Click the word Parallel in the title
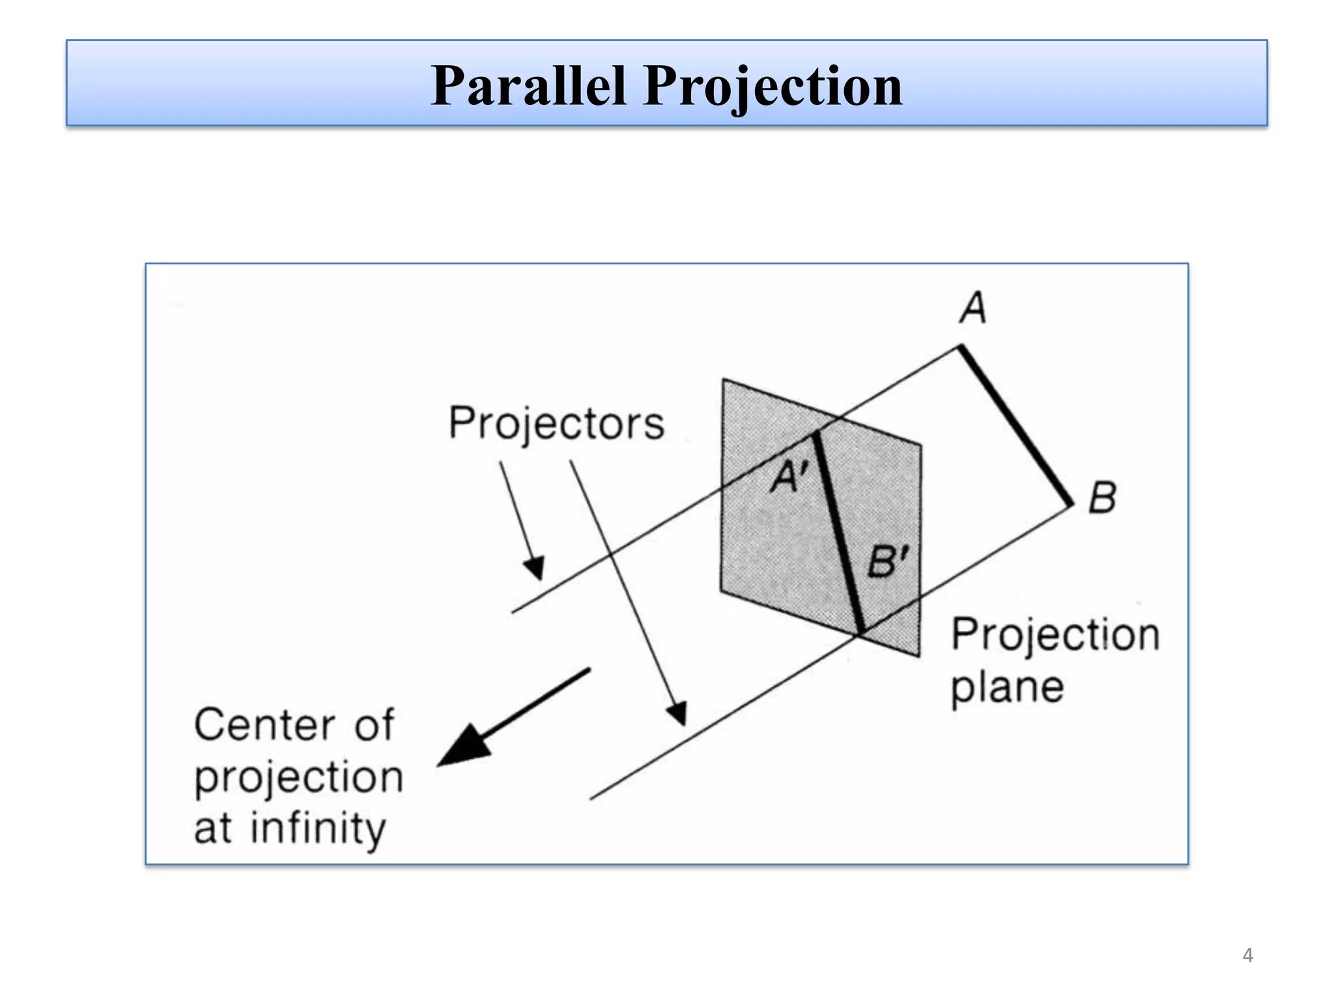click(528, 86)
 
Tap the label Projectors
click(556, 424)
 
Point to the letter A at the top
click(973, 308)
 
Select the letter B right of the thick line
click(1102, 498)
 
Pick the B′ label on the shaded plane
click(887, 561)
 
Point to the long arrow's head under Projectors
click(678, 714)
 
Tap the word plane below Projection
click(1007, 688)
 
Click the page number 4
click(1247, 955)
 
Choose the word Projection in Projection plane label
click(1055, 635)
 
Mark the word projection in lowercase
click(298, 778)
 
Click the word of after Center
click(374, 725)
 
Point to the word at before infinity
click(212, 829)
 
